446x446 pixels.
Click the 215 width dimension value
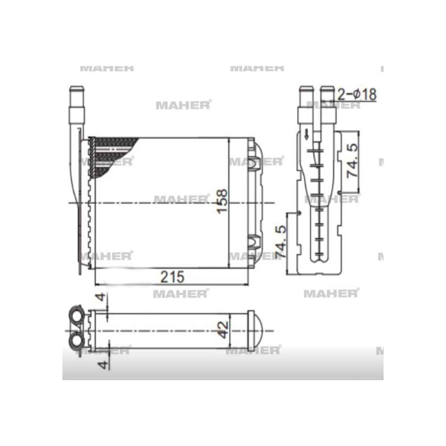172,277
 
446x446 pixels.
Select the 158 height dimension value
222,202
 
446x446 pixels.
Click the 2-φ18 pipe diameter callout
357,95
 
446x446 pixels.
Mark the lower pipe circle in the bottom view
77,343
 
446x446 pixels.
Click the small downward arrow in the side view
306,135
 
